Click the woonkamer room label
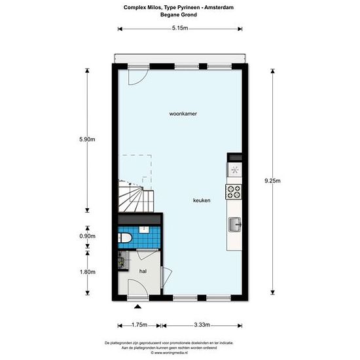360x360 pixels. coord(183,114)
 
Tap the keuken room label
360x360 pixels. coord(202,200)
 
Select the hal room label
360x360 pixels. coord(143,271)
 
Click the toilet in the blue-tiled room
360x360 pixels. coord(124,238)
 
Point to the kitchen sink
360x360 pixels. coord(235,225)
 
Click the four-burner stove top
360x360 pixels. coord(234,192)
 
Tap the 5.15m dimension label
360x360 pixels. coord(180,28)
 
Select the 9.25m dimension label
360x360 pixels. coord(272,181)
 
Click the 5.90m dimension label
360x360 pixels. coord(87,139)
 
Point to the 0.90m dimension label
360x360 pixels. coord(87,236)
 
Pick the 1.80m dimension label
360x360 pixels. coord(88,272)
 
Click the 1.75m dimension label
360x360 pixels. coord(139,325)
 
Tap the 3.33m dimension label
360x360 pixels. coord(202,325)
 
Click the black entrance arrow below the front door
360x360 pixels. coord(137,306)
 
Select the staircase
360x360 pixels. coord(135,196)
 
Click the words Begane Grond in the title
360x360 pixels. coord(179,14)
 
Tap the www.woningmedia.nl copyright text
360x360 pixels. coord(170,353)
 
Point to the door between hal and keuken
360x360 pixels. coord(166,277)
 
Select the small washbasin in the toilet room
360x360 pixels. coord(144,229)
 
